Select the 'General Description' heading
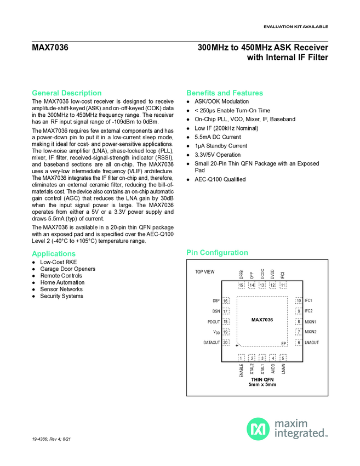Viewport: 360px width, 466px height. pyautogui.click(x=66, y=93)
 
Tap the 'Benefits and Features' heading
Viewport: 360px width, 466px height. pyautogui.click(x=225, y=93)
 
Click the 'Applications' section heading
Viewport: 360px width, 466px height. pyautogui.click(x=54, y=254)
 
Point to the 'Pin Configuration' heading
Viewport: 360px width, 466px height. pyautogui.click(x=217, y=253)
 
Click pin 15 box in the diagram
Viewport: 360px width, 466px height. pyautogui.click(x=241, y=285)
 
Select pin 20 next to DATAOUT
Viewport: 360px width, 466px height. pyautogui.click(x=226, y=343)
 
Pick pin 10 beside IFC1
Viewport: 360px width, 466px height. pyautogui.click(x=298, y=301)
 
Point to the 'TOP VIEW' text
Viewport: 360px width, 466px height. pyautogui.click(x=205, y=272)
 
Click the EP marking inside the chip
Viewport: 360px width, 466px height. pyautogui.click(x=284, y=344)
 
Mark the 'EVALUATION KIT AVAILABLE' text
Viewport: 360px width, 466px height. pyautogui.click(x=296, y=26)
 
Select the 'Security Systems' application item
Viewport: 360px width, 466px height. pyautogui.click(x=61, y=296)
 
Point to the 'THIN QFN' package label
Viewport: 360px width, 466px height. pyautogui.click(x=262, y=379)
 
